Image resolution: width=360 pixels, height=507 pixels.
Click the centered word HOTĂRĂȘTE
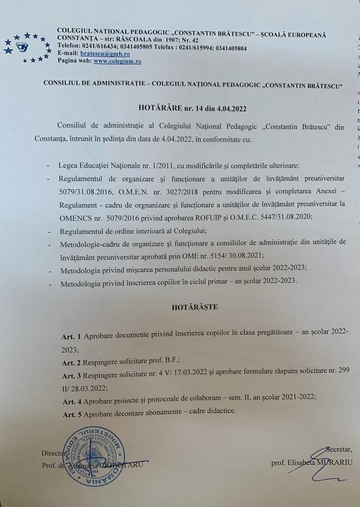click(195, 307)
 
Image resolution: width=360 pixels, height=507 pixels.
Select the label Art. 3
click(72, 376)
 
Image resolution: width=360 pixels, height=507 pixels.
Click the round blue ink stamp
click(95, 455)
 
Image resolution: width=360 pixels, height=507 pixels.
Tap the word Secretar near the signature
click(338, 450)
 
